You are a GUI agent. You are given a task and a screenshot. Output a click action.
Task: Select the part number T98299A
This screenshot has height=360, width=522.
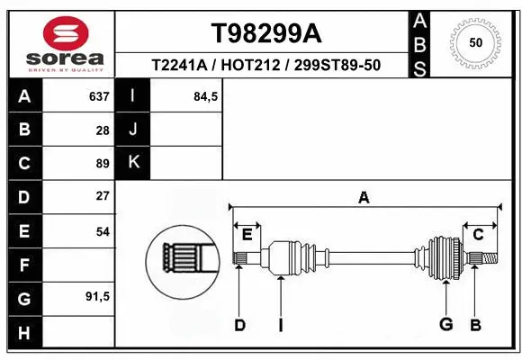tap(265, 33)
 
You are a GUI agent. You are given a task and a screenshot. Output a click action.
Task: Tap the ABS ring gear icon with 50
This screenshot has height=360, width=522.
tap(474, 42)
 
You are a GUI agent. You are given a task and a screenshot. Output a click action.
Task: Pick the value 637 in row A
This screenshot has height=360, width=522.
tap(99, 96)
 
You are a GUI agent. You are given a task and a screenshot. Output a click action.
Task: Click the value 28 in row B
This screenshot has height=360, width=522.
tap(103, 130)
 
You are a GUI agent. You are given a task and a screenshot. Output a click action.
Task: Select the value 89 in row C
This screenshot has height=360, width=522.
tap(103, 163)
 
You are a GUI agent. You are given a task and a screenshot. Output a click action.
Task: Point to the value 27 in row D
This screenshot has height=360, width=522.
tap(103, 195)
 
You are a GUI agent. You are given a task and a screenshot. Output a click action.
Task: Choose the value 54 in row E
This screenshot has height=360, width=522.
tap(103, 230)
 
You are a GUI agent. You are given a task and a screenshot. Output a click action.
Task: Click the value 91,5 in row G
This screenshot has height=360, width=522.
tap(97, 296)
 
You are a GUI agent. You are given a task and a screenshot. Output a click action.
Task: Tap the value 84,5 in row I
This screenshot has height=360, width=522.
tap(206, 96)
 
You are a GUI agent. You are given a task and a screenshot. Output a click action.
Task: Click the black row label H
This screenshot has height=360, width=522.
tap(24, 334)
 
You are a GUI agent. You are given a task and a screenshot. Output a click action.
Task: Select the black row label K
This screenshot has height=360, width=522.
tap(133, 163)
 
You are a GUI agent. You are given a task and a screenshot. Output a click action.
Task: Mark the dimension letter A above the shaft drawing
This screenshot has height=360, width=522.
tap(364, 197)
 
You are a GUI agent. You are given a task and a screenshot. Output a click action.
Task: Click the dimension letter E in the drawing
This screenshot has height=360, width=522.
tap(247, 235)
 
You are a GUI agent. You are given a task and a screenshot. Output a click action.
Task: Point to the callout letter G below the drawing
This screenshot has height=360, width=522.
tap(445, 325)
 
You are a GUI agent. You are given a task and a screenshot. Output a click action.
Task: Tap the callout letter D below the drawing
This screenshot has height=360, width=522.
tap(239, 325)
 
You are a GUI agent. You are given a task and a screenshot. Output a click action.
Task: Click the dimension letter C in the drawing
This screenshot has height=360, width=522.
tap(478, 235)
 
